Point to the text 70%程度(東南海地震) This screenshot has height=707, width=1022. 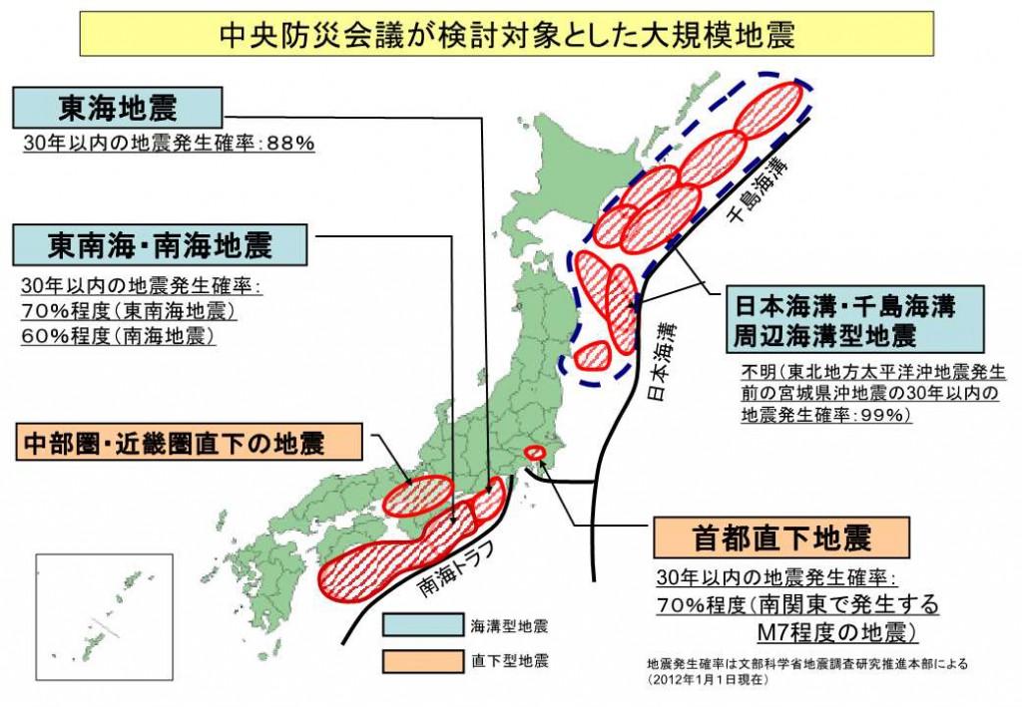point(129,311)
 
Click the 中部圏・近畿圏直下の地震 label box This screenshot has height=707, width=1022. point(189,443)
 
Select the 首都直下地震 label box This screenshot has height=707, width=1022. point(781,537)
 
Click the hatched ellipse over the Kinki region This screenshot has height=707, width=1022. point(418,494)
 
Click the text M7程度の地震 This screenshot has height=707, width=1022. point(835,632)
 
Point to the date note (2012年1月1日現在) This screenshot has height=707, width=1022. point(708,679)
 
